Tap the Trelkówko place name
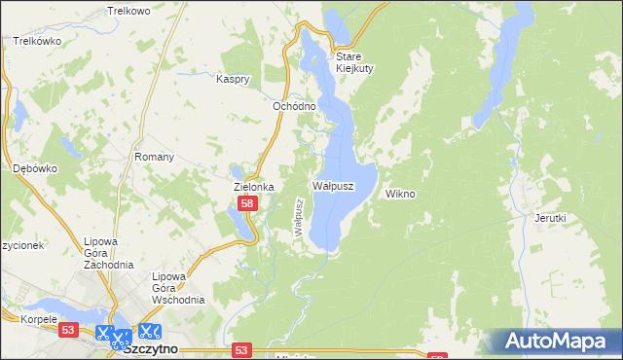click(38, 42)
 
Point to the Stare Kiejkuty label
click(354, 62)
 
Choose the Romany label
click(155, 157)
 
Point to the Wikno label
click(400, 194)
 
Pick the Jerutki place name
click(550, 218)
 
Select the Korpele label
click(18, 318)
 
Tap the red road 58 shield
click(247, 203)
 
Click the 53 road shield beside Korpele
click(67, 331)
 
